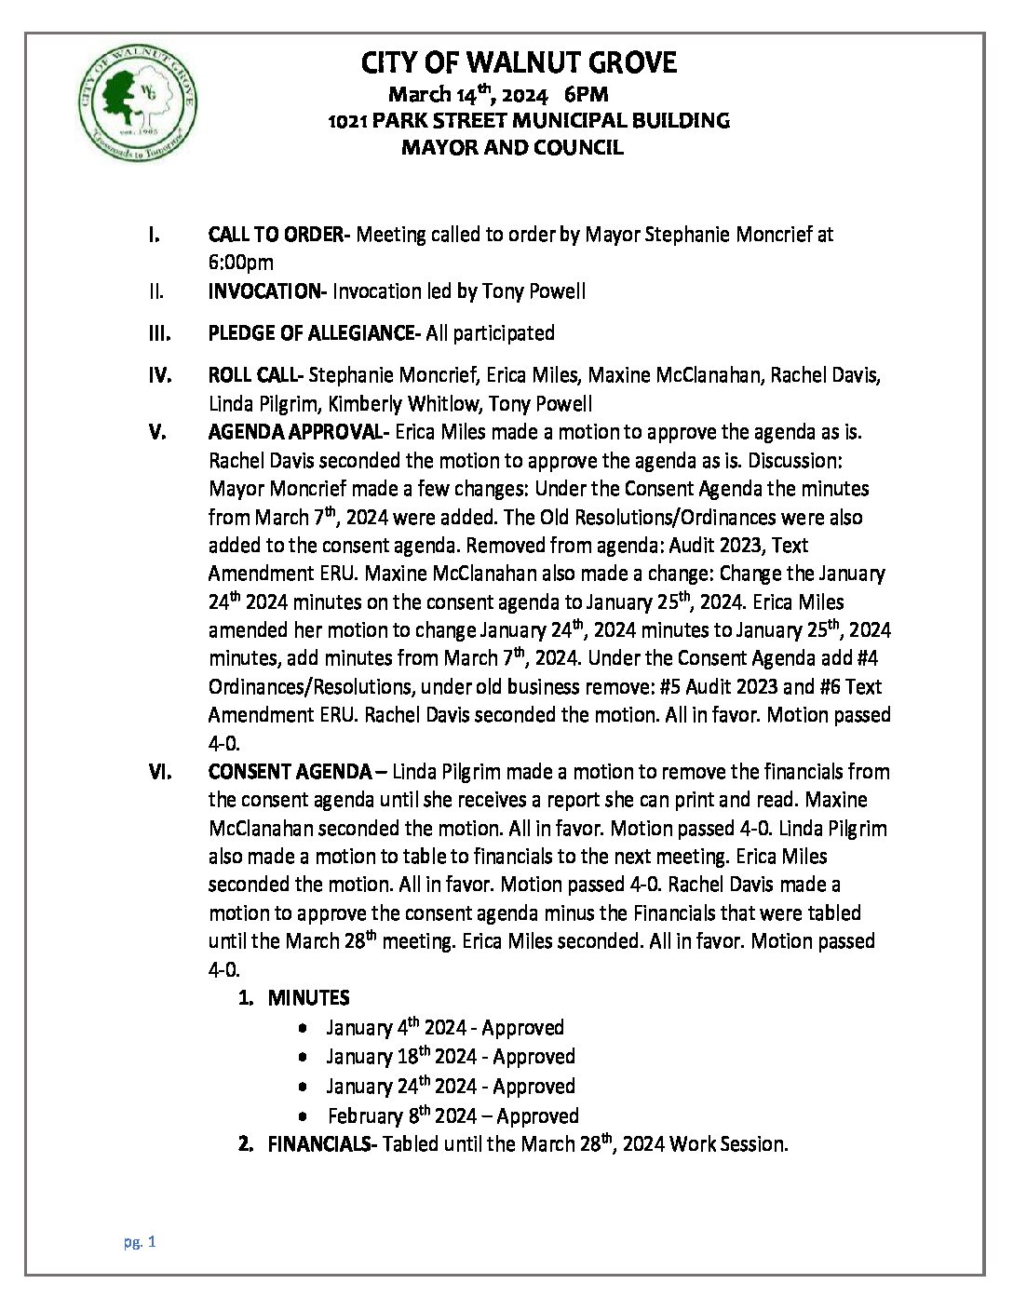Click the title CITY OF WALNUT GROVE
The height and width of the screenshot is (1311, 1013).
pos(519,63)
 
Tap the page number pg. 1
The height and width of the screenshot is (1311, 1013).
pos(139,1241)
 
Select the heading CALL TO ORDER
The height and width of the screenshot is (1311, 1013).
pos(276,235)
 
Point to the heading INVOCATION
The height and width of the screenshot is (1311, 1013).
pos(263,291)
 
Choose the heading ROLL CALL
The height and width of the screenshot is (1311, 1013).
pos(254,375)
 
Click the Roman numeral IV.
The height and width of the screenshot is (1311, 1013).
pos(159,375)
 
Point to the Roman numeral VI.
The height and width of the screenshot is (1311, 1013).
pos(159,772)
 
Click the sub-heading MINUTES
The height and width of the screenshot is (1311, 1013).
pos(308,998)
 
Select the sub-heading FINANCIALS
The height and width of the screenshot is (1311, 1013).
pos(318,1144)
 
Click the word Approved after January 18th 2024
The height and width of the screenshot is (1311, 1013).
pos(534,1057)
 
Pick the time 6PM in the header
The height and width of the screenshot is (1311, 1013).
pos(586,94)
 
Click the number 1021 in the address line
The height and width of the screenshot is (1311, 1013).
pos(348,120)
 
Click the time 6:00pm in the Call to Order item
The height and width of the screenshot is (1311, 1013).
pos(240,264)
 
